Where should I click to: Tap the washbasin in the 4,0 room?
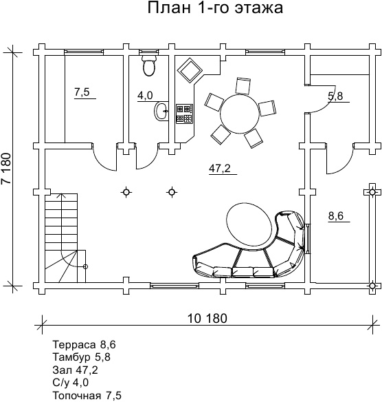click(161, 111)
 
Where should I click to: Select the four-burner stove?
click(184, 114)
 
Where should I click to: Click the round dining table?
click(240, 114)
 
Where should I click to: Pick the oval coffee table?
click(249, 224)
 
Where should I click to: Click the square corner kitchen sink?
click(190, 70)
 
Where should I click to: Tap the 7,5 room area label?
click(82, 92)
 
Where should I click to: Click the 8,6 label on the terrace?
click(336, 216)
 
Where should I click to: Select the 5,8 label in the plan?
click(335, 96)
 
